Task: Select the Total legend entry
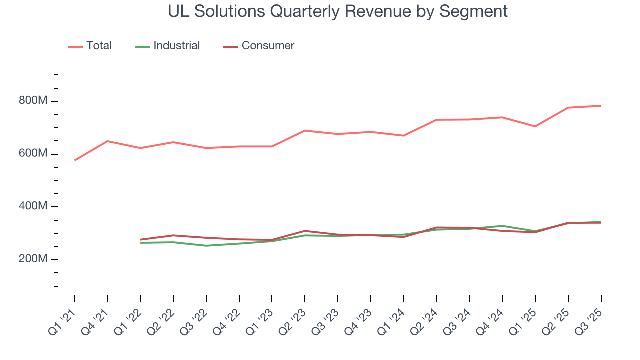click(x=99, y=46)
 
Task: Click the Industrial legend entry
click(x=176, y=46)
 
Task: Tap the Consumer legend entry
click(x=268, y=46)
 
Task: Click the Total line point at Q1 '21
click(x=75, y=160)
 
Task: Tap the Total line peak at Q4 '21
click(x=107, y=141)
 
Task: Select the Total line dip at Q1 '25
click(x=535, y=126)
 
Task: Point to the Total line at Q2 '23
click(x=305, y=131)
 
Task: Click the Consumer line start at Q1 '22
click(x=141, y=240)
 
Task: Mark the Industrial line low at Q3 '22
click(x=206, y=246)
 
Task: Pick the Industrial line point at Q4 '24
click(x=502, y=226)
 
